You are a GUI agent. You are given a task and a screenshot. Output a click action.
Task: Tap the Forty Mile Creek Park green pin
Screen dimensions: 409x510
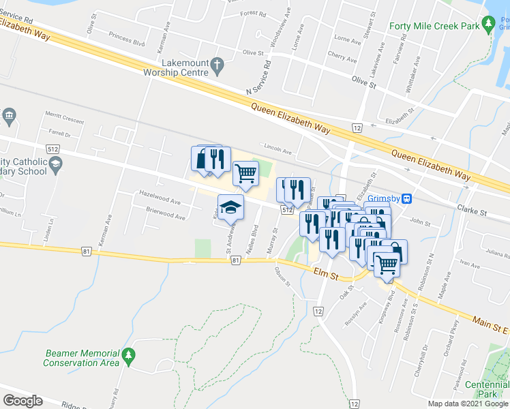(488, 26)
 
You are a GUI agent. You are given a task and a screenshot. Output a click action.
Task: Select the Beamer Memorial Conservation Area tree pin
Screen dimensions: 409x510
(128, 355)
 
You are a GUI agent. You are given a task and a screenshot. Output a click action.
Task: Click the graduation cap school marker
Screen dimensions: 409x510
(230, 207)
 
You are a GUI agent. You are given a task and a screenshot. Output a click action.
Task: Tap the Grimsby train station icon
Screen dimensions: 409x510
(407, 198)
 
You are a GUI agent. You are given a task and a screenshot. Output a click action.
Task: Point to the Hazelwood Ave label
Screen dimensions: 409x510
(160, 202)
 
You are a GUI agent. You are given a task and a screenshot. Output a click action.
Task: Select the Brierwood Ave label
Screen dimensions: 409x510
(166, 217)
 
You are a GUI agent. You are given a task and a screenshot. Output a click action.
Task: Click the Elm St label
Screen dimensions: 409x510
(327, 273)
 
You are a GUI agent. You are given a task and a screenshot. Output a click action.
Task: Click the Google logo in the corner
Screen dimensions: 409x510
(23, 401)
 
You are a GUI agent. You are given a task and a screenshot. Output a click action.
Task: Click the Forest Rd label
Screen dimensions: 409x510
(253, 13)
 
